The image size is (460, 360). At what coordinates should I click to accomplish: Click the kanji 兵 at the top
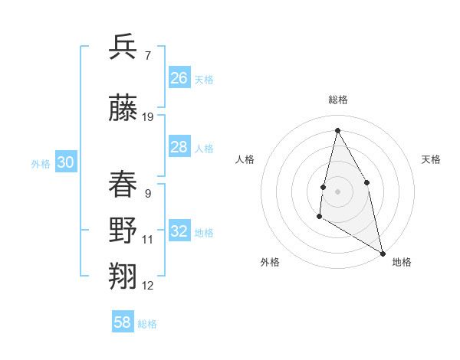(123, 47)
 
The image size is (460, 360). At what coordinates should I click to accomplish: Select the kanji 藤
(123, 108)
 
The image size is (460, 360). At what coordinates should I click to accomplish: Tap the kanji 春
(123, 184)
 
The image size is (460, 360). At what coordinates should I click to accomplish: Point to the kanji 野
(123, 231)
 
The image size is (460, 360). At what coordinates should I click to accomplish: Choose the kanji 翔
(123, 276)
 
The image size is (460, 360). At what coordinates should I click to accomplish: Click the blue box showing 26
(179, 78)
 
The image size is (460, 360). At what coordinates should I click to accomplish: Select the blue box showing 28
(179, 147)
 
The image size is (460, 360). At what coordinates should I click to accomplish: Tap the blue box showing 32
(179, 231)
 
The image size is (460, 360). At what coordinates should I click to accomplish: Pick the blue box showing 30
(65, 162)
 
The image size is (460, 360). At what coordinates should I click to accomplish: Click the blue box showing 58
(123, 322)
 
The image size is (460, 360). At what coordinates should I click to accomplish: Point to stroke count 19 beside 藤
(148, 117)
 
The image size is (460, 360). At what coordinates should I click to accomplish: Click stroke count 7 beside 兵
(147, 56)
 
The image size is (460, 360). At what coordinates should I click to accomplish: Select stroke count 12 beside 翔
(148, 286)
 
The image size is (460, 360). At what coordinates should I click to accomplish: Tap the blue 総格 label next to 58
(147, 324)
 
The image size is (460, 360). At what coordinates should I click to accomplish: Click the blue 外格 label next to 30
(40, 164)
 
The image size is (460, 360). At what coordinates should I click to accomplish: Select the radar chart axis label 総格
(337, 100)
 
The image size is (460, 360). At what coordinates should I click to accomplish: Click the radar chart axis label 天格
(431, 159)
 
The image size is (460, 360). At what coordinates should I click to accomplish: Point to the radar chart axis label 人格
(245, 159)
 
